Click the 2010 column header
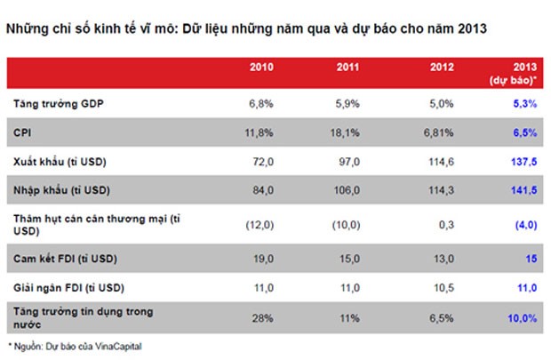click(x=261, y=67)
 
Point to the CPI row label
click(x=23, y=133)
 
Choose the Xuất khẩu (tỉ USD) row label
click(x=59, y=162)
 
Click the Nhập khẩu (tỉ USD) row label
click(x=60, y=189)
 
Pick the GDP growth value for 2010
click(x=261, y=105)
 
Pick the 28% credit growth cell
click(x=262, y=317)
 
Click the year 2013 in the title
click(x=472, y=28)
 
